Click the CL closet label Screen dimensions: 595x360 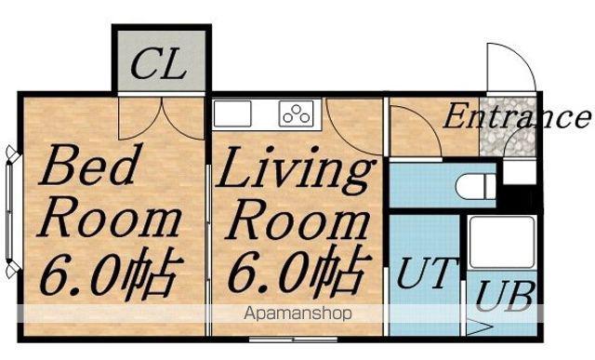pyautogui.click(x=159, y=65)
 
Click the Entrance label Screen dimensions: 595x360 pyautogui.click(x=517, y=116)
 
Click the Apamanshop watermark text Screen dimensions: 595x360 pyautogui.click(x=297, y=313)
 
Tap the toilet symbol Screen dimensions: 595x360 pyautogui.click(x=476, y=186)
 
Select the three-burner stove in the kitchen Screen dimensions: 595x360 pyautogui.click(x=297, y=113)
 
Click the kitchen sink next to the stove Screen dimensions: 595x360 pyautogui.click(x=232, y=113)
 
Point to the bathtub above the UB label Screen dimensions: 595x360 pyautogui.click(x=502, y=242)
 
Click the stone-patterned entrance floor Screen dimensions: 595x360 pyautogui.click(x=509, y=127)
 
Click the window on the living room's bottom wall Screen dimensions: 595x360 pyautogui.click(x=293, y=340)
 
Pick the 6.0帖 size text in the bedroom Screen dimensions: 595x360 pyautogui.click(x=111, y=274)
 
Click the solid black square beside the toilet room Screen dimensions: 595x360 pyautogui.click(x=520, y=196)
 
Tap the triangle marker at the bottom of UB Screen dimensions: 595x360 pyautogui.click(x=480, y=327)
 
